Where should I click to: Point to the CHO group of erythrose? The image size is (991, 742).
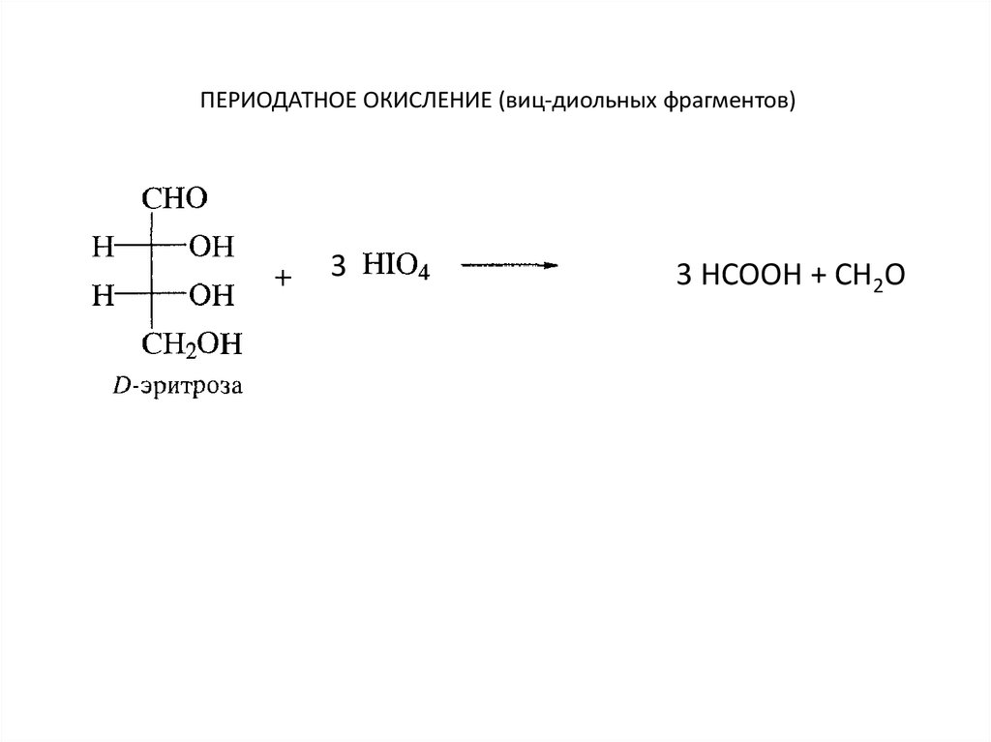[175, 199]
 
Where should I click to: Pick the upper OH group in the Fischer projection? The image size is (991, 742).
[211, 248]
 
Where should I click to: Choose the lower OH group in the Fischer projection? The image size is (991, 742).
[211, 293]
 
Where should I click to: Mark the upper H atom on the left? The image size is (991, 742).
[102, 248]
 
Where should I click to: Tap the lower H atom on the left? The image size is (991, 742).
[102, 293]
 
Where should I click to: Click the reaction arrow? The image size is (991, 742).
[508, 264]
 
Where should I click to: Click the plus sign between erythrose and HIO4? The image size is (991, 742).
[283, 279]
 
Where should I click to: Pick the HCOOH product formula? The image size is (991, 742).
[741, 277]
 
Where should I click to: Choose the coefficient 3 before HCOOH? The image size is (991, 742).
[683, 277]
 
